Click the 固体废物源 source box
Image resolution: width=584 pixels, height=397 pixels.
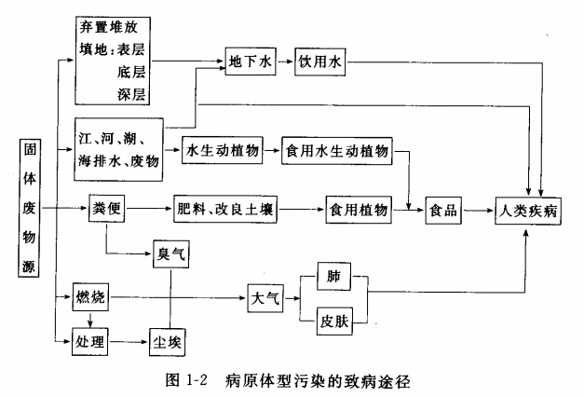(x=29, y=208)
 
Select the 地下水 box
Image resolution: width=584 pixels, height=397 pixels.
(x=251, y=62)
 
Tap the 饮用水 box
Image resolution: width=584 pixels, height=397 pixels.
(x=319, y=62)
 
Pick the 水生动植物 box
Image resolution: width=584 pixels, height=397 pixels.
(x=223, y=151)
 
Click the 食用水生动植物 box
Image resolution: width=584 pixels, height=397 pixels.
(x=336, y=151)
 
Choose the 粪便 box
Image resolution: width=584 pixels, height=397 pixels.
(x=106, y=208)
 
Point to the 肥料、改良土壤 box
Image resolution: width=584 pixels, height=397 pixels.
(x=225, y=209)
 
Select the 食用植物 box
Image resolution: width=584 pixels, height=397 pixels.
(x=359, y=210)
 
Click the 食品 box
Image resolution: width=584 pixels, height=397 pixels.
(x=443, y=211)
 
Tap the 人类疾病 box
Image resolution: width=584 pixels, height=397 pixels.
(x=528, y=211)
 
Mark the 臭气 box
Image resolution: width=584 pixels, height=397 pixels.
(x=171, y=254)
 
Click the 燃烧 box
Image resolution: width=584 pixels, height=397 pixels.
(x=90, y=297)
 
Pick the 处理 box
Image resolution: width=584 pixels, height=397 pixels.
(x=89, y=341)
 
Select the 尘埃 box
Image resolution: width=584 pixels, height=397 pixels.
(x=168, y=342)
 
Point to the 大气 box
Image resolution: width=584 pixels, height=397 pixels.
(x=265, y=298)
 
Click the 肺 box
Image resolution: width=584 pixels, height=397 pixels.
(x=333, y=276)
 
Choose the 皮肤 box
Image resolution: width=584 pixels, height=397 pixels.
(x=334, y=321)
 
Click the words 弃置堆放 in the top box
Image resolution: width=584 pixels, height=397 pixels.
(x=108, y=27)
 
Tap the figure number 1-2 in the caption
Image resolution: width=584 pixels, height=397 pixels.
(x=196, y=380)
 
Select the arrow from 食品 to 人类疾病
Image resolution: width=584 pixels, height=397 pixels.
(x=478, y=211)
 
